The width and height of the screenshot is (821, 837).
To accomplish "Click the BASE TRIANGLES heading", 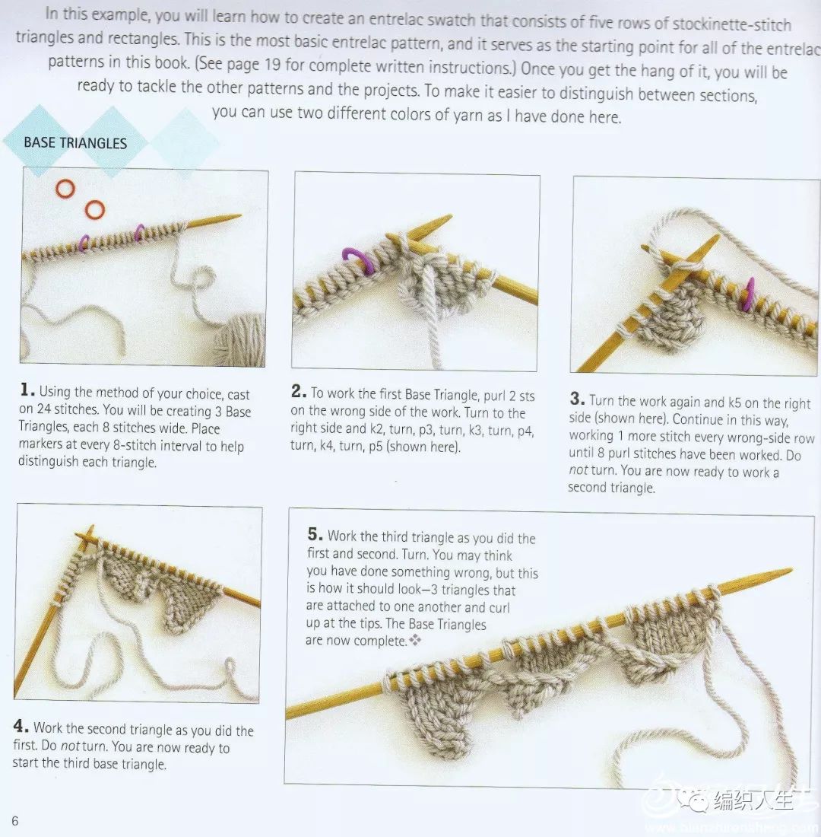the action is click(75, 143).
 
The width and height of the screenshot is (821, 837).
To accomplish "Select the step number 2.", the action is click(299, 391).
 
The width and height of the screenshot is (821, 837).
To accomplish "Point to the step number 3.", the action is click(577, 398).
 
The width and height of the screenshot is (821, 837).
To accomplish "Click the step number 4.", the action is click(21, 726).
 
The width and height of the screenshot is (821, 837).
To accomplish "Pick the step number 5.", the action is click(315, 534).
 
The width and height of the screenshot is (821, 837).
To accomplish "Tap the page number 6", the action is click(15, 820).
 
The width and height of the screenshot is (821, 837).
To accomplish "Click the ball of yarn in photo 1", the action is click(241, 339).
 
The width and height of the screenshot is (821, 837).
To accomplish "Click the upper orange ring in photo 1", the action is click(65, 189).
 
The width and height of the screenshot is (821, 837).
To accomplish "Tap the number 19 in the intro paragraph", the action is click(272, 65).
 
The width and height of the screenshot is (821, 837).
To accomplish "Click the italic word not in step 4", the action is click(70, 746).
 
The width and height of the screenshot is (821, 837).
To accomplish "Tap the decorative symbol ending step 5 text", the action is click(415, 639).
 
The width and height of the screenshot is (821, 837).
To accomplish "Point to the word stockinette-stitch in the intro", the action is click(731, 24).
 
